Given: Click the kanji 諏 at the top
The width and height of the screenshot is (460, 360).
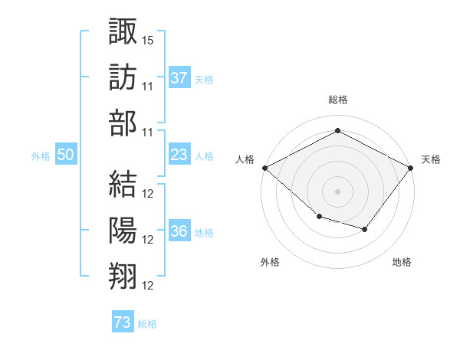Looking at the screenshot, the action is click(x=123, y=31).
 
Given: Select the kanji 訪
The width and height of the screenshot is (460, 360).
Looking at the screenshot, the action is click(x=123, y=77).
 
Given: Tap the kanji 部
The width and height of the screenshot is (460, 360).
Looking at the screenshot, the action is click(x=123, y=123).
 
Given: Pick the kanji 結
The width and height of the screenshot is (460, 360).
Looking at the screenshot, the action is click(x=123, y=184).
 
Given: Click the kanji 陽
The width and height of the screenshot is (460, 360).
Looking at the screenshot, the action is click(x=123, y=230).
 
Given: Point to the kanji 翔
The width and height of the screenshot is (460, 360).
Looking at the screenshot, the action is click(x=123, y=277).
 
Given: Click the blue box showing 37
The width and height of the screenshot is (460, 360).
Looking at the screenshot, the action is click(x=179, y=77).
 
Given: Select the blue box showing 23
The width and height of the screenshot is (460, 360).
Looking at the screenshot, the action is click(x=179, y=154).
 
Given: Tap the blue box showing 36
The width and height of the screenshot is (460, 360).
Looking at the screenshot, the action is click(x=179, y=230).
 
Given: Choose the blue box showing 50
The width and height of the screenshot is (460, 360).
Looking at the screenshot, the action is click(x=66, y=154).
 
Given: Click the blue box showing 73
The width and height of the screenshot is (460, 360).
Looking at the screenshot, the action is click(x=123, y=321).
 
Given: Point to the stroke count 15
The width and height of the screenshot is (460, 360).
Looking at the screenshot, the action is click(x=147, y=41).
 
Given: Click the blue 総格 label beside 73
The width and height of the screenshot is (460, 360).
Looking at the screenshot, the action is click(x=147, y=324).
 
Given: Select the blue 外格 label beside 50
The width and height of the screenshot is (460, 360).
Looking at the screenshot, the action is click(x=41, y=156).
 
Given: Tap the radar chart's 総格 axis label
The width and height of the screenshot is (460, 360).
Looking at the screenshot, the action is click(x=338, y=100).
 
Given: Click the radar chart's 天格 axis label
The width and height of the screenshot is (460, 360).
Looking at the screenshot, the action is click(x=431, y=159).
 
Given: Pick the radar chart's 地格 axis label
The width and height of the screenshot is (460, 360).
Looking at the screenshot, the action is click(x=402, y=262).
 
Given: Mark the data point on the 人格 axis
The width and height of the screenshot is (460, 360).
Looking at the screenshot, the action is click(x=265, y=168).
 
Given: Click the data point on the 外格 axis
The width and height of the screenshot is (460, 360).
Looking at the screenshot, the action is click(x=320, y=217).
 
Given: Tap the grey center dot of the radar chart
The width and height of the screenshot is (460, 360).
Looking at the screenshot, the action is click(x=337, y=191).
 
